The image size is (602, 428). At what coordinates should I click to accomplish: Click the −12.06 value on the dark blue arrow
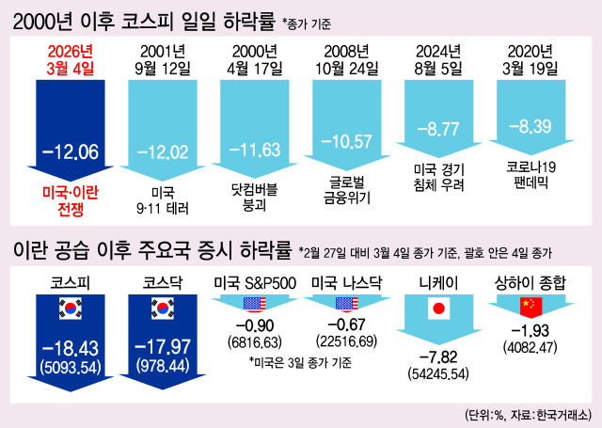point(70,151)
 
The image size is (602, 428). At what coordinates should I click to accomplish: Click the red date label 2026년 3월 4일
point(70,59)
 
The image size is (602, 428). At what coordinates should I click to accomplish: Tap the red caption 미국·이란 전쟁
point(70,201)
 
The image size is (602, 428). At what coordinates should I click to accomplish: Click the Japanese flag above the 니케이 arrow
point(438,307)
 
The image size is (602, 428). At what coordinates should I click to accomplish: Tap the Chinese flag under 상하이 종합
point(531,304)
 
